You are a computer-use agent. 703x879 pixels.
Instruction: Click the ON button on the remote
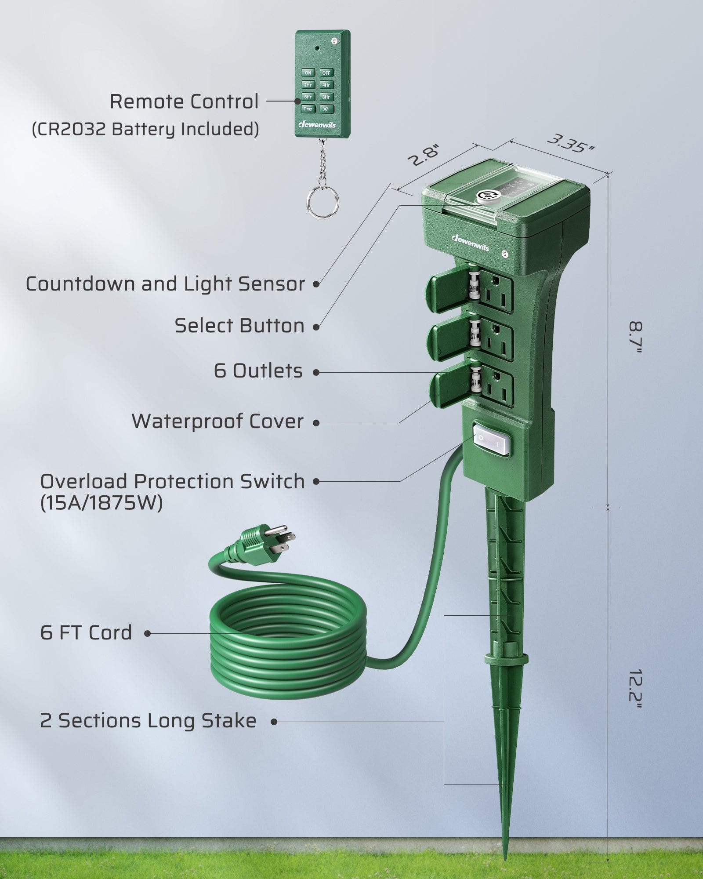[308, 73]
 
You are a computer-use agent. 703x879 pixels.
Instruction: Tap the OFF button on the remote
[326, 73]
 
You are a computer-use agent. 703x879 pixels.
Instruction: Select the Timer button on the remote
[308, 109]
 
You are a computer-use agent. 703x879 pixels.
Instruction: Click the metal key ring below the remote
[323, 203]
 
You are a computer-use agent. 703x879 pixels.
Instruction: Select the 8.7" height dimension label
[635, 338]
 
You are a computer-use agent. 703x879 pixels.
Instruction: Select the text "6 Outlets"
[258, 371]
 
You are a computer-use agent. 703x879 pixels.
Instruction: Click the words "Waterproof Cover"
[217, 421]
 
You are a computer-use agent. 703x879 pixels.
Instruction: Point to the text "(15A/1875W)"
[101, 503]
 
